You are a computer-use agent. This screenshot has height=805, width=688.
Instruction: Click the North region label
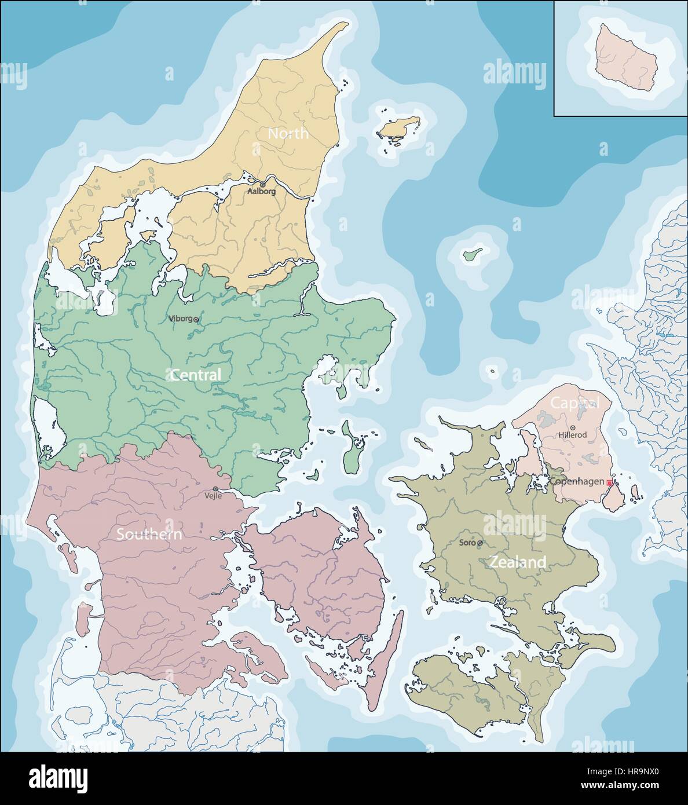(288, 133)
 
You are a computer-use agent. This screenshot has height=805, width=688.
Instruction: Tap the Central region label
(195, 375)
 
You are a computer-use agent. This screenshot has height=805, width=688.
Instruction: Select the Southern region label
(149, 534)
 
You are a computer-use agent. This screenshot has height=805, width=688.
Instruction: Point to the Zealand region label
(517, 562)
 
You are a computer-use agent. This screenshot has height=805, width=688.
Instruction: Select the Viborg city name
(180, 318)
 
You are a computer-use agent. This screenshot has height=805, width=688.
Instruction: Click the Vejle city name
(213, 496)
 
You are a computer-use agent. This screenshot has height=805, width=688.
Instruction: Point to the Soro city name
(467, 543)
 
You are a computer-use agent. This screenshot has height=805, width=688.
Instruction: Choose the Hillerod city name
(572, 435)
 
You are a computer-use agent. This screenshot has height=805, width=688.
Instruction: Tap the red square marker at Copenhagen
(609, 482)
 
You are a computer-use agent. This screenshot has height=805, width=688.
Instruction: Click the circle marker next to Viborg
(196, 319)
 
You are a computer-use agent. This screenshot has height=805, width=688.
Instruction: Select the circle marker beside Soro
(480, 543)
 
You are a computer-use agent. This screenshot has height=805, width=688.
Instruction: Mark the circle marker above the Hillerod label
(573, 427)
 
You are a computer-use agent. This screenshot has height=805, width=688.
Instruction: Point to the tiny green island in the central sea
(473, 253)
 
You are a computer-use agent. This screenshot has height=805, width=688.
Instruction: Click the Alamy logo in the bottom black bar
(58, 777)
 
